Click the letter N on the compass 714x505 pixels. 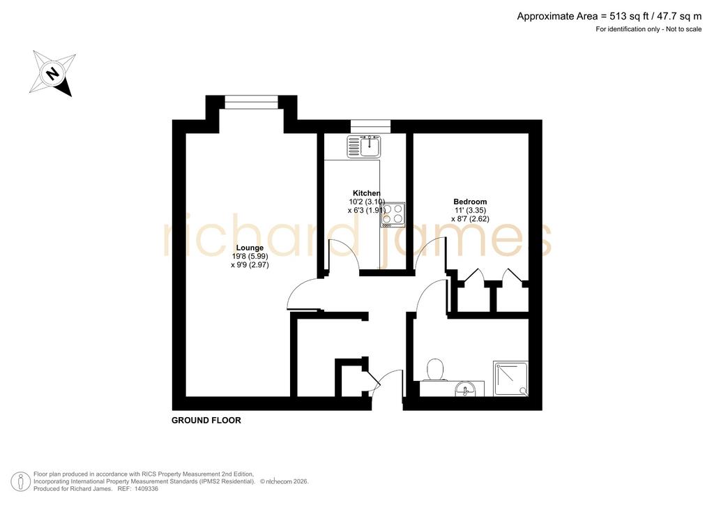tap(54, 73)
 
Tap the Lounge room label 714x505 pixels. tap(250, 248)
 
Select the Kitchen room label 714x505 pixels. tap(367, 193)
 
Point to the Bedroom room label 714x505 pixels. tap(470, 202)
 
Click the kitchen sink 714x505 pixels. tap(364, 146)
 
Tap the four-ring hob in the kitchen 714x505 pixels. tap(393, 215)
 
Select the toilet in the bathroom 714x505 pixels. tap(435, 370)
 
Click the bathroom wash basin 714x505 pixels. tap(465, 389)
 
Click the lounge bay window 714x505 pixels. tap(251, 102)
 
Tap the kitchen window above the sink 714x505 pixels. tap(370, 126)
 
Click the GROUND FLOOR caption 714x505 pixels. tap(206, 421)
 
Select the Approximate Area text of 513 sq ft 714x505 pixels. tap(609, 17)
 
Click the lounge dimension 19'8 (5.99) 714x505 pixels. tap(250, 257)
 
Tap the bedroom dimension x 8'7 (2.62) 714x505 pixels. tap(471, 218)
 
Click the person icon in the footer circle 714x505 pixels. tap(20, 482)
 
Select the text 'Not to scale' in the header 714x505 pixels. tap(684, 29)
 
